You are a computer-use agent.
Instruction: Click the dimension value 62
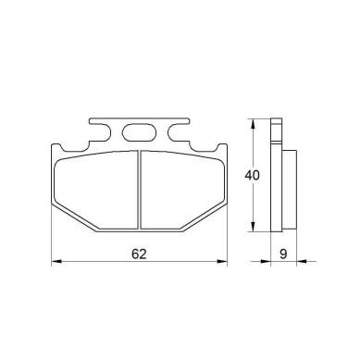(x=139, y=254)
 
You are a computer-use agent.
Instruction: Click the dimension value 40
(x=252, y=175)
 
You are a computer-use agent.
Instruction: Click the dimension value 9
(x=283, y=254)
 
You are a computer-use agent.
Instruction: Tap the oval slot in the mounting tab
(x=139, y=133)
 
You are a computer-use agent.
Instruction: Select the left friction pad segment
(x=95, y=190)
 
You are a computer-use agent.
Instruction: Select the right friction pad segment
(x=182, y=190)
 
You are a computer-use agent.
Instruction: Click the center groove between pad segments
(x=139, y=190)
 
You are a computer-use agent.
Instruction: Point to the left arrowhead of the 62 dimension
(x=56, y=262)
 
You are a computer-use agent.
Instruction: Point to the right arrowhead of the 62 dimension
(x=222, y=262)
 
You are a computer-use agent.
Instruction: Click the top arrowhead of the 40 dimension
(x=253, y=124)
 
